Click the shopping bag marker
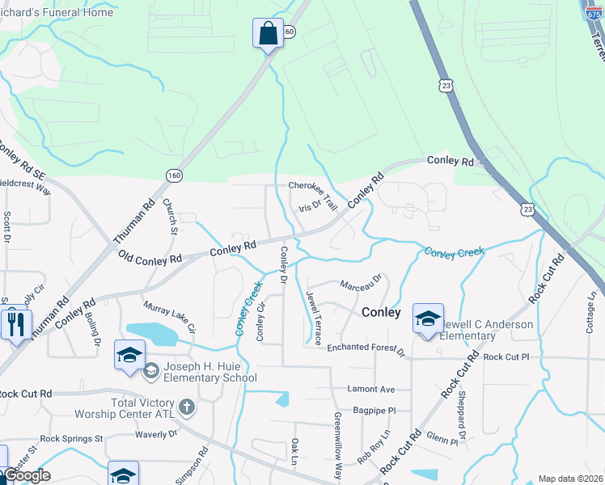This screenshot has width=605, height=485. tap(268, 34)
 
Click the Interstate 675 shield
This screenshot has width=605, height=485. tap(594, 10)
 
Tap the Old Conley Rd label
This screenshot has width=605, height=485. tap(150, 259)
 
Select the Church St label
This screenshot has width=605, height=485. tap(170, 216)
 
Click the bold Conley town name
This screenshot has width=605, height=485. tap(381, 312)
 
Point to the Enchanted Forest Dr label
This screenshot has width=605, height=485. tap(366, 348)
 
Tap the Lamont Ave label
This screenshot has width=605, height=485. tap(370, 389)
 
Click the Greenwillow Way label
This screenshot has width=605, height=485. tap(338, 445)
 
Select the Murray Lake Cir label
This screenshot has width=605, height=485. tap(169, 317)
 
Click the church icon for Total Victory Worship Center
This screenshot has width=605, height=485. tap(186, 407)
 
